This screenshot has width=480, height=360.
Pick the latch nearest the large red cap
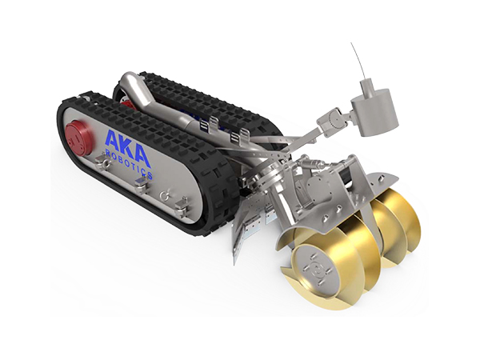coord(103,161)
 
